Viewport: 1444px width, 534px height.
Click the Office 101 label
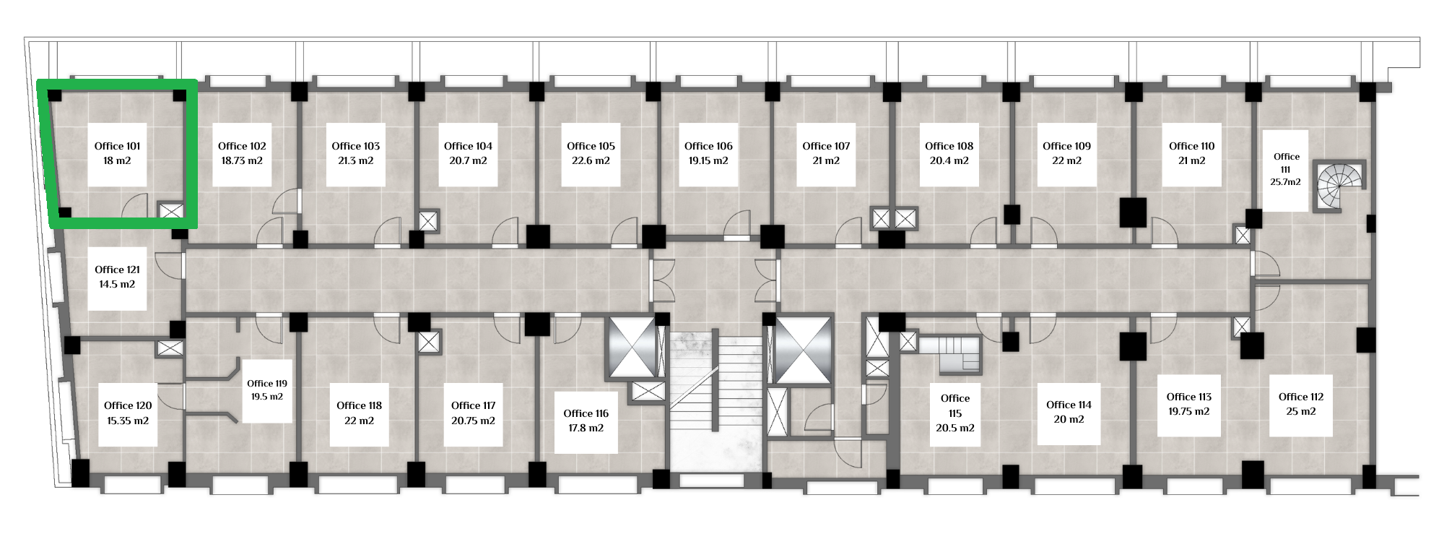click(118, 146)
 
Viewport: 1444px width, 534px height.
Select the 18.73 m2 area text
click(242, 160)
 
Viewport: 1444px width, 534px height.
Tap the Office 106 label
click(708, 146)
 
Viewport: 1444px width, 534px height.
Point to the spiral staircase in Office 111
click(1341, 186)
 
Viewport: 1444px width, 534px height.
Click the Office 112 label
click(1301, 397)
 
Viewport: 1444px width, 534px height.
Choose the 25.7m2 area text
click(1286, 182)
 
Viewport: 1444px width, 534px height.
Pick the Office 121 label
click(118, 270)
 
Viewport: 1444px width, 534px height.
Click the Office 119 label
click(267, 384)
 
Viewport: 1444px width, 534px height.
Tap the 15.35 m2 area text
click(128, 421)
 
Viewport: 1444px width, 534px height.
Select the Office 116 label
click(586, 413)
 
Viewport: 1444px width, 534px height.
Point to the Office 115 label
click(955, 405)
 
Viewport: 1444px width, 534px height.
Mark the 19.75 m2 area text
click(1189, 411)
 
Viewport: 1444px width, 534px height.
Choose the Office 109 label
click(1066, 146)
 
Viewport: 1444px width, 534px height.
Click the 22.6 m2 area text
click(591, 160)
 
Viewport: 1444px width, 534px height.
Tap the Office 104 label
click(468, 146)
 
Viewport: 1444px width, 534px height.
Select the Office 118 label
click(359, 405)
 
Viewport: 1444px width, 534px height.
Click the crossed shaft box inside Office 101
click(171, 211)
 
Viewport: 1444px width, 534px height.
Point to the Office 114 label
click(1069, 405)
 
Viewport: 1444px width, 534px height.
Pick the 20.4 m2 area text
click(949, 160)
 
